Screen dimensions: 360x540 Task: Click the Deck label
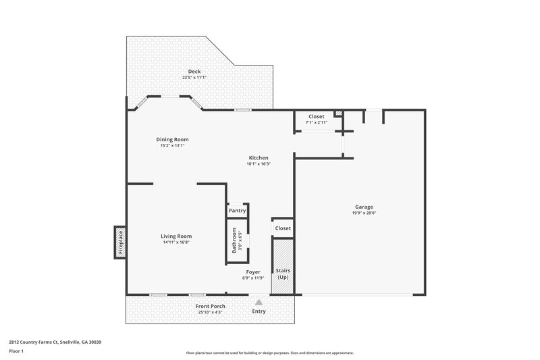pyautogui.click(x=194, y=72)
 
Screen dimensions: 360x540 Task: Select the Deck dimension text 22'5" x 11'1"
pyautogui.click(x=194, y=78)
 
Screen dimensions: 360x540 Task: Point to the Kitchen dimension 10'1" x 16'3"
pyautogui.click(x=258, y=163)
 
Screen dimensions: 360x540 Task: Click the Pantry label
pyautogui.click(x=237, y=211)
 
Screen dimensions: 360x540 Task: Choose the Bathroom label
pyautogui.click(x=234, y=240)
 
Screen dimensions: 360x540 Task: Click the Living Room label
pyautogui.click(x=176, y=236)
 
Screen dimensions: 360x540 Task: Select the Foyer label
pyautogui.click(x=252, y=272)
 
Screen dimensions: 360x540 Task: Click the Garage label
pyautogui.click(x=364, y=207)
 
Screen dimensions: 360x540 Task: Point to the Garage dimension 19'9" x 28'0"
pyautogui.click(x=364, y=213)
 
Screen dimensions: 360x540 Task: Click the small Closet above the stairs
pyautogui.click(x=283, y=228)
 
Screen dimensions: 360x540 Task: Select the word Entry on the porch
pyautogui.click(x=259, y=311)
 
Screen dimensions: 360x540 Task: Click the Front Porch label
pyautogui.click(x=211, y=307)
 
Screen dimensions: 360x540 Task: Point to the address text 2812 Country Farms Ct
pyautogui.click(x=55, y=342)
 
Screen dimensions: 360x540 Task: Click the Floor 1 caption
pyautogui.click(x=16, y=351)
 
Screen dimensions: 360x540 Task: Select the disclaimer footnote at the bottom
pyautogui.click(x=269, y=353)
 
